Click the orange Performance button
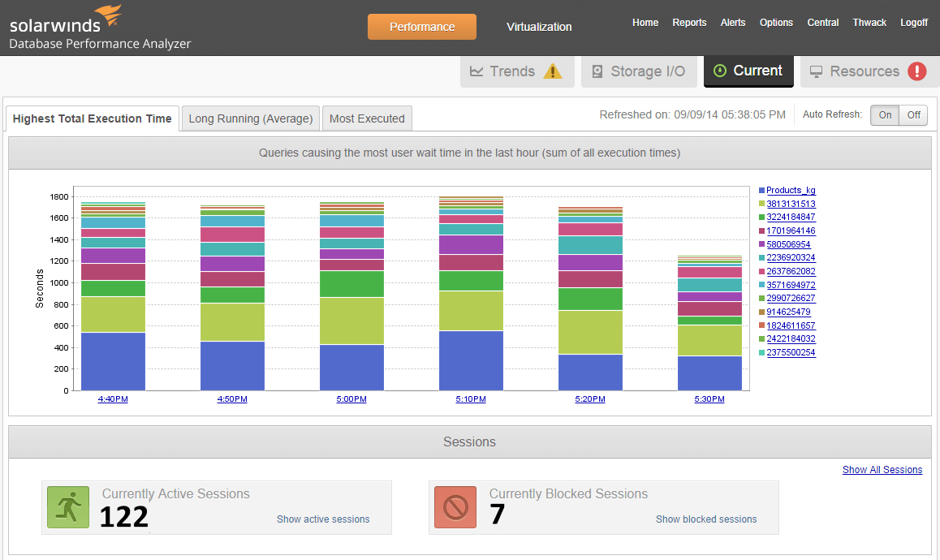pyautogui.click(x=421, y=27)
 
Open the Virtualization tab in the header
pyautogui.click(x=539, y=27)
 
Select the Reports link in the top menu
pyautogui.click(x=689, y=23)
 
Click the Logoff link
pyautogui.click(x=914, y=23)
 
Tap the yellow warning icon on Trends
pyautogui.click(x=553, y=71)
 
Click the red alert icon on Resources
pyautogui.click(x=917, y=71)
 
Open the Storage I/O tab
pyautogui.click(x=639, y=71)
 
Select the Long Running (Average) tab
pyautogui.click(x=250, y=118)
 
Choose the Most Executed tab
pyautogui.click(x=367, y=118)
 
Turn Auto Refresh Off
pyautogui.click(x=913, y=115)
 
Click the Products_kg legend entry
pyautogui.click(x=791, y=191)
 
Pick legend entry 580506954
pyautogui.click(x=788, y=244)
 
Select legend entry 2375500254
pyautogui.click(x=791, y=352)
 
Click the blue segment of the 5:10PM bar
pyautogui.click(x=470, y=360)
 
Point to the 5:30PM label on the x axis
pyautogui.click(x=709, y=399)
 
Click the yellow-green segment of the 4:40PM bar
pyautogui.click(x=113, y=314)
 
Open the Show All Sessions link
pyautogui.click(x=882, y=470)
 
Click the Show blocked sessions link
pyautogui.click(x=705, y=519)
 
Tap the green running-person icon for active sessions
pyautogui.click(x=68, y=507)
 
